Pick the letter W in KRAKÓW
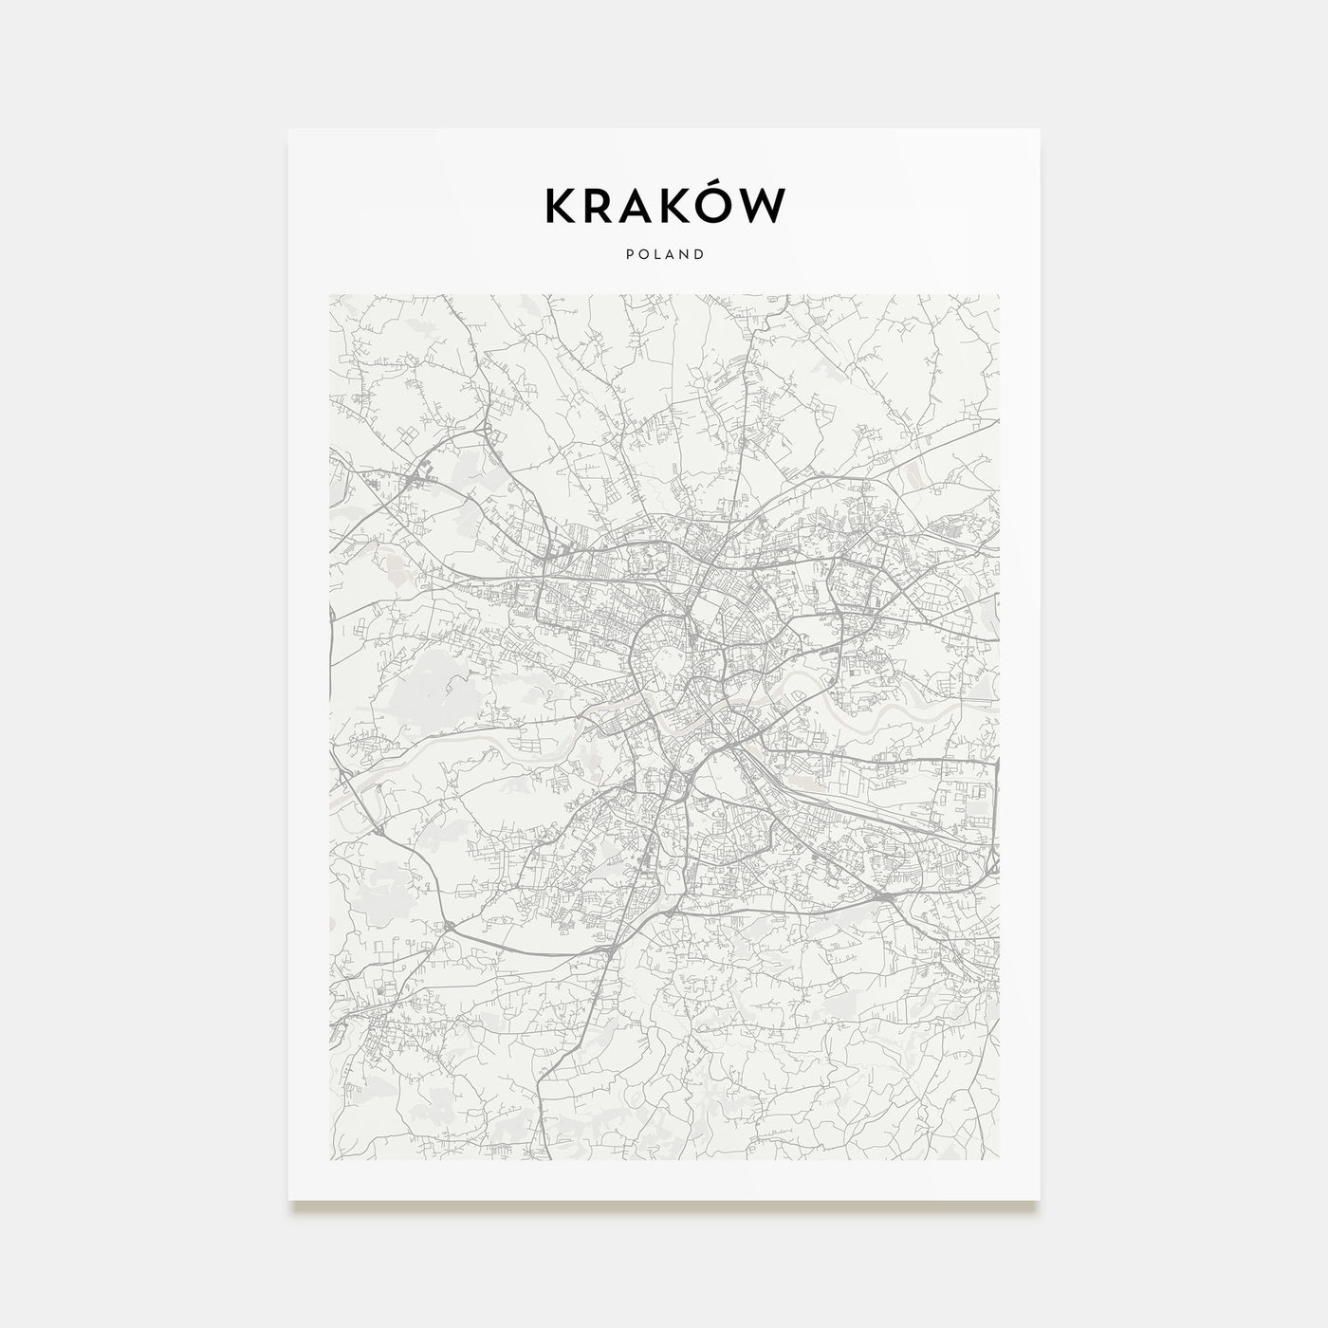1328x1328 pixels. tap(767, 207)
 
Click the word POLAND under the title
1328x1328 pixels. tap(664, 254)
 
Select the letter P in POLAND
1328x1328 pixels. tap(629, 254)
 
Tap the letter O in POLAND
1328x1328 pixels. tap(642, 254)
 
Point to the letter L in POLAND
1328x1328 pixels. tap(656, 254)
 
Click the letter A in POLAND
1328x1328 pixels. tap(670, 254)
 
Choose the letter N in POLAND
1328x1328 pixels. tap(684, 254)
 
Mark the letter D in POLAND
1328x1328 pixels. tap(699, 254)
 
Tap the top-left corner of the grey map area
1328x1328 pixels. tap(329, 295)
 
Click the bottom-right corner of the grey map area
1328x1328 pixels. tap(999, 1160)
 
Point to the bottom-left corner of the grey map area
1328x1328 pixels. tap(329, 1160)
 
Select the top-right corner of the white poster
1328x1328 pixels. tap(1039, 130)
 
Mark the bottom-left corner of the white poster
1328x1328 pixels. tap(289, 1200)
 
